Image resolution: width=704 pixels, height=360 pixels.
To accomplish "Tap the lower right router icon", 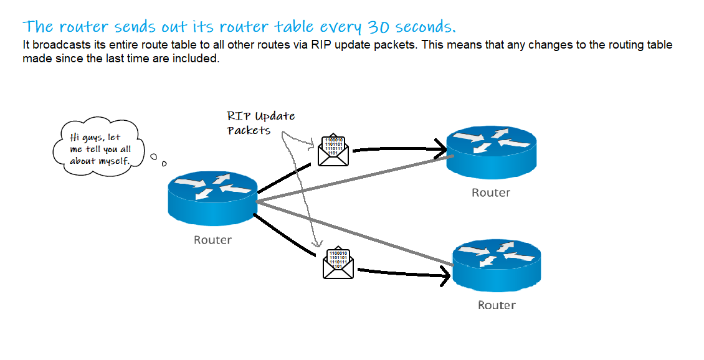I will [x=496, y=265].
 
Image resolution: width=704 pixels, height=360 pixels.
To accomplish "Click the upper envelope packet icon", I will [x=333, y=150].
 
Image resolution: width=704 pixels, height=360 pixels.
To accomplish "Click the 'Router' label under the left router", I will [x=212, y=240].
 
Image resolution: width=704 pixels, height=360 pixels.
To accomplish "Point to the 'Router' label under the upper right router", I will [x=490, y=192].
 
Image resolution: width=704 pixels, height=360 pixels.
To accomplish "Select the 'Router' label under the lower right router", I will [x=497, y=305].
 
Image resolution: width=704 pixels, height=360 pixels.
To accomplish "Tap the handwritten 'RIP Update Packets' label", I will [x=260, y=123].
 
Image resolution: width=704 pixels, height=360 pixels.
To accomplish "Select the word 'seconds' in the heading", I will [x=426, y=27].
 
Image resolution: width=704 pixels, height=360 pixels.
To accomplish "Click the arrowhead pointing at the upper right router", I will [x=441, y=148].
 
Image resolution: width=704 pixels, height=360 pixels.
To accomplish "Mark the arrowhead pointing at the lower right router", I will [x=445, y=274].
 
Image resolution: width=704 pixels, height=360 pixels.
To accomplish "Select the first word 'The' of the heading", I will [x=38, y=27].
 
